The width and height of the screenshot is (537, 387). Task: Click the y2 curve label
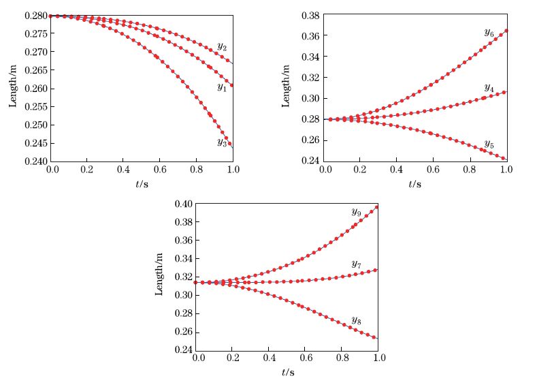(222, 47)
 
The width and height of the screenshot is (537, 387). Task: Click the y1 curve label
(222, 87)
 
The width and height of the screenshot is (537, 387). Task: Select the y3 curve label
(222, 142)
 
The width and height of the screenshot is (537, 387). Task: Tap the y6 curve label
(489, 33)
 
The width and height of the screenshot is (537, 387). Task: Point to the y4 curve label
(489, 88)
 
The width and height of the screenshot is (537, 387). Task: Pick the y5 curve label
(489, 144)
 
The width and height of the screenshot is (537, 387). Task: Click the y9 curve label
(357, 213)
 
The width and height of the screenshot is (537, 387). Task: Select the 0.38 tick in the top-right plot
(310, 15)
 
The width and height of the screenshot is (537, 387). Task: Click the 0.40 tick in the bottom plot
(184, 204)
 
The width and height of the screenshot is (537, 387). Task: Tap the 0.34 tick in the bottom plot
(184, 259)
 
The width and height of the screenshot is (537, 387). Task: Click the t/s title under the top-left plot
(143, 184)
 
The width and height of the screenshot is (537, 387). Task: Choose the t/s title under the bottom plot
(289, 373)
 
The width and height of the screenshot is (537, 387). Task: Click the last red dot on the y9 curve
(376, 206)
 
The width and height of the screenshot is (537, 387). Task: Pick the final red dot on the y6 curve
(506, 31)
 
